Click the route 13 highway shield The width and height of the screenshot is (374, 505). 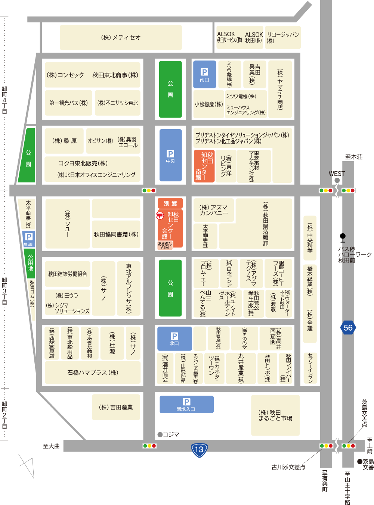coord(199,449)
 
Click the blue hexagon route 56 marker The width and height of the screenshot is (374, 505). coord(348,328)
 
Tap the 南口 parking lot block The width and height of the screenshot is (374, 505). coord(204,74)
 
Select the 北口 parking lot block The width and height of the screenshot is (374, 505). coord(174,338)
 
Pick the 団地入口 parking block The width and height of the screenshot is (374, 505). coord(186,404)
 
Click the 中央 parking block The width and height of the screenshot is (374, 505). coord(170,155)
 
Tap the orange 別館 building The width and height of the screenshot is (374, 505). coord(170,203)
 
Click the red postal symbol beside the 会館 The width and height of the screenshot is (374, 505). coord(160,215)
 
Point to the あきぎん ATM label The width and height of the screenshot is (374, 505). coord(165,246)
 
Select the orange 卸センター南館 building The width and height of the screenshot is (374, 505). coord(204,166)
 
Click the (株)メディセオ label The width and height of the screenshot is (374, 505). coord(121,37)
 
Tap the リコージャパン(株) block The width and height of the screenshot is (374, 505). coord(282,37)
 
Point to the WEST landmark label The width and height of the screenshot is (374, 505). coord(337,174)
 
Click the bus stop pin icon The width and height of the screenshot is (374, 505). coord(343,237)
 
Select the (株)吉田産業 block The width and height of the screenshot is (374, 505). coord(116,407)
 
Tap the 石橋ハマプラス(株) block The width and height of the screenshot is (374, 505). coord(93,372)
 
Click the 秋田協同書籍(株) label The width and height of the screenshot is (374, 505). coord(116,234)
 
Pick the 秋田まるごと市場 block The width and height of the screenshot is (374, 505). coord(275,415)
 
